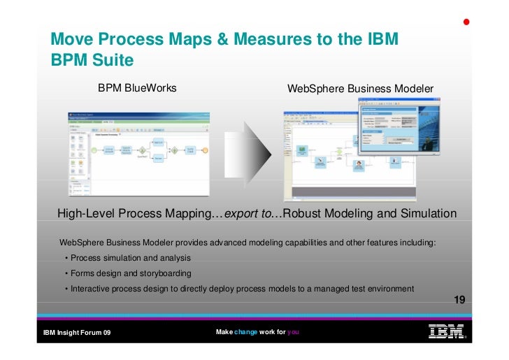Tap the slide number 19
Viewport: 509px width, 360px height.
(459, 300)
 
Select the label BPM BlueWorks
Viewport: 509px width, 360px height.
(137, 88)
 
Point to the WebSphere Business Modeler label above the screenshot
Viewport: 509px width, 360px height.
(360, 89)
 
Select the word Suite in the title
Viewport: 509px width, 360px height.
(110, 60)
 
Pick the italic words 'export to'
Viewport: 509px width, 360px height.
(248, 213)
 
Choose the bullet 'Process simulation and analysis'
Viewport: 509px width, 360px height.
(126, 258)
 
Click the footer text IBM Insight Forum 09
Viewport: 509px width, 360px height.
(77, 333)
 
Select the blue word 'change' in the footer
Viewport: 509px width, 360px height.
(245, 332)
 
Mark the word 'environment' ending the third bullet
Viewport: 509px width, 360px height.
(389, 289)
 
